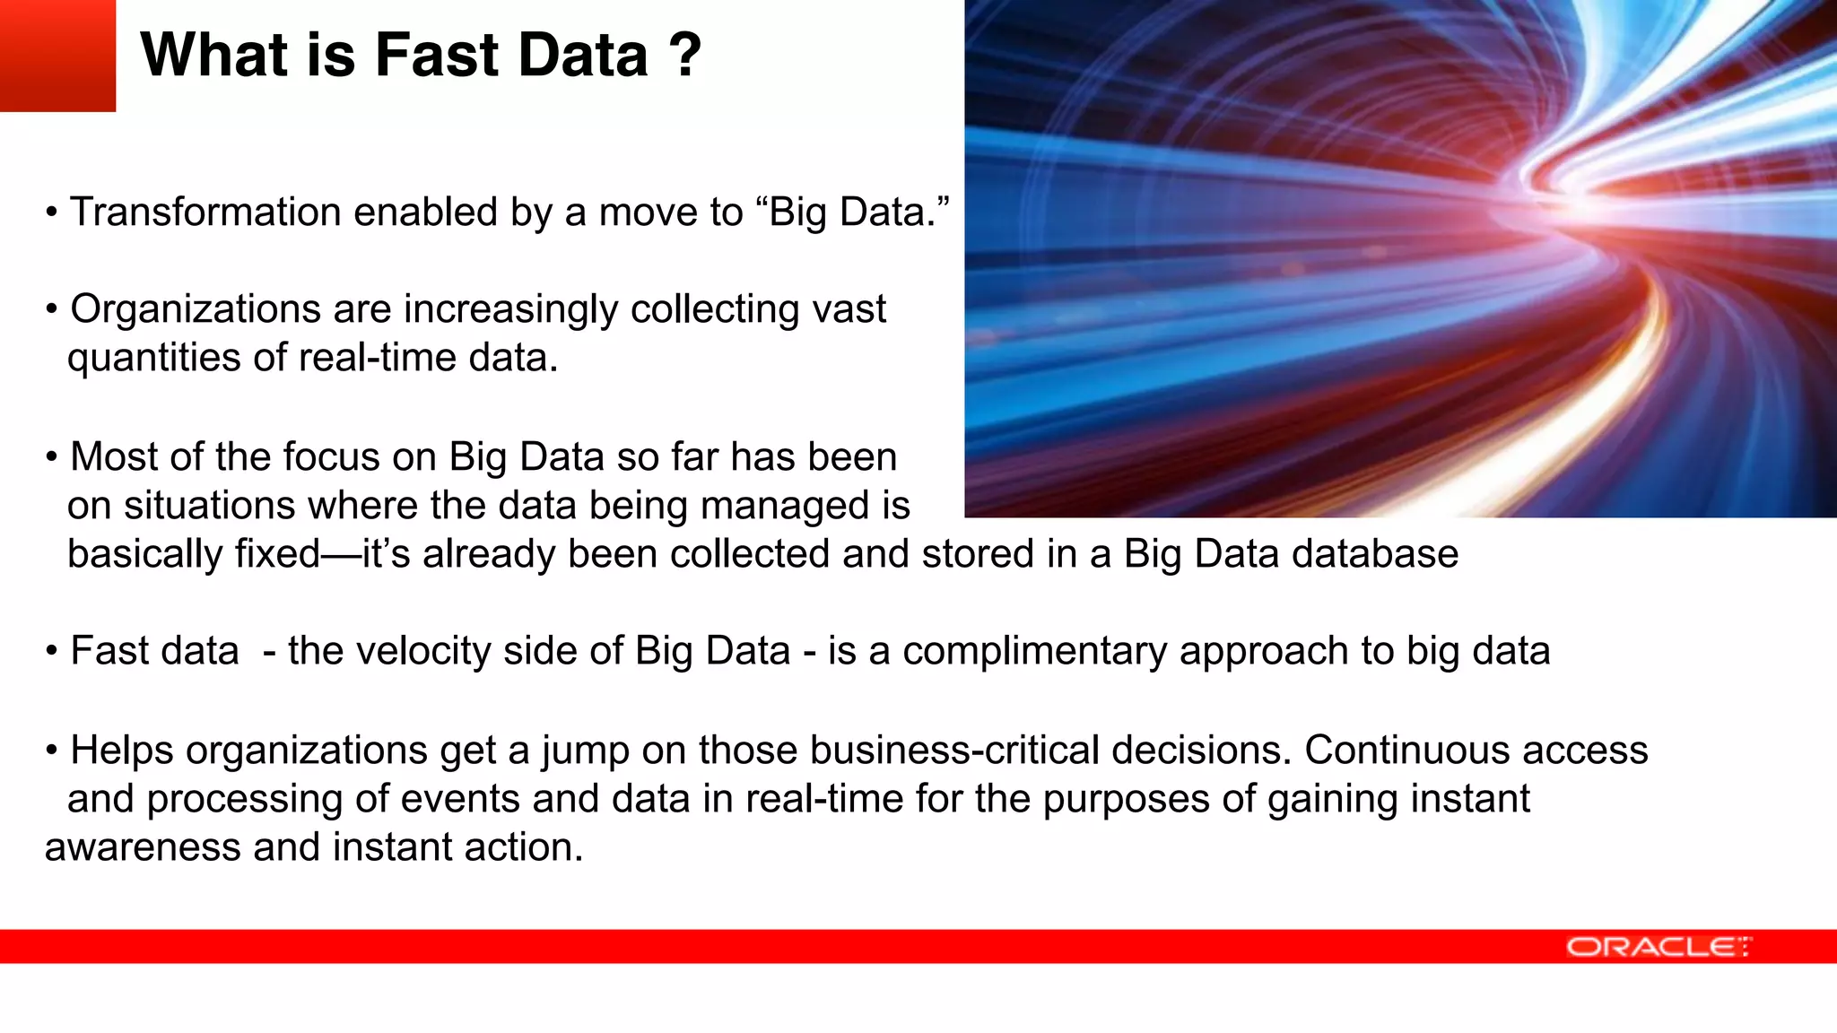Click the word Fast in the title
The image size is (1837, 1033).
pyautogui.click(x=437, y=56)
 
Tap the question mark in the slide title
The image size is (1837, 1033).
pyautogui.click(x=684, y=56)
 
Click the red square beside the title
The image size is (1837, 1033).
pyautogui.click(x=57, y=56)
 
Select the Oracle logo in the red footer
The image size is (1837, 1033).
pyautogui.click(x=1658, y=947)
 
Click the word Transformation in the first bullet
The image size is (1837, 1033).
pyautogui.click(x=205, y=213)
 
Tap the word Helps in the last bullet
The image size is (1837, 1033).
pyautogui.click(x=122, y=750)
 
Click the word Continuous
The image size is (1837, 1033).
pyautogui.click(x=1406, y=750)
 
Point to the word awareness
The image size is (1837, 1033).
pyautogui.click(x=143, y=847)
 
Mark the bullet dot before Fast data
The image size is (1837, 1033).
pyautogui.click(x=52, y=652)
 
